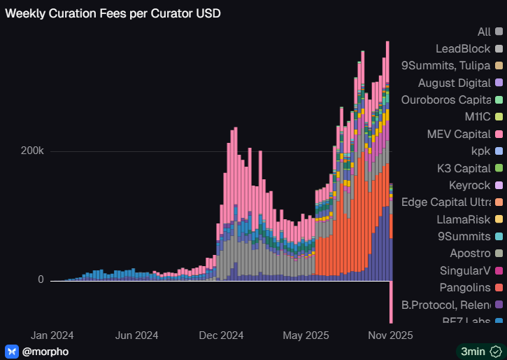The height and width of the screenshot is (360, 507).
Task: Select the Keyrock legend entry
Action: pyautogui.click(x=469, y=185)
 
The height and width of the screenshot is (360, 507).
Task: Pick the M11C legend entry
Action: pyautogui.click(x=479, y=117)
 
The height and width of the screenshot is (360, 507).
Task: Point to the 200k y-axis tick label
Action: pyautogui.click(x=32, y=151)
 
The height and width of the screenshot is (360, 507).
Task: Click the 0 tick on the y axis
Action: pyautogui.click(x=41, y=279)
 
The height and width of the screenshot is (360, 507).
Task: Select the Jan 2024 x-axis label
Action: pyautogui.click(x=52, y=335)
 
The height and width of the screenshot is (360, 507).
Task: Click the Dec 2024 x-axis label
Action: pyautogui.click(x=221, y=335)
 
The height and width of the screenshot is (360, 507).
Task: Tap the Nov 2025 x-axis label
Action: pyautogui.click(x=390, y=335)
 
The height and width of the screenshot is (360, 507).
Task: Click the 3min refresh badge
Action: pyautogui.click(x=478, y=351)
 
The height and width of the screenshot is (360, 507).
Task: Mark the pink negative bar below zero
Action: pyautogui.click(x=390, y=301)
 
